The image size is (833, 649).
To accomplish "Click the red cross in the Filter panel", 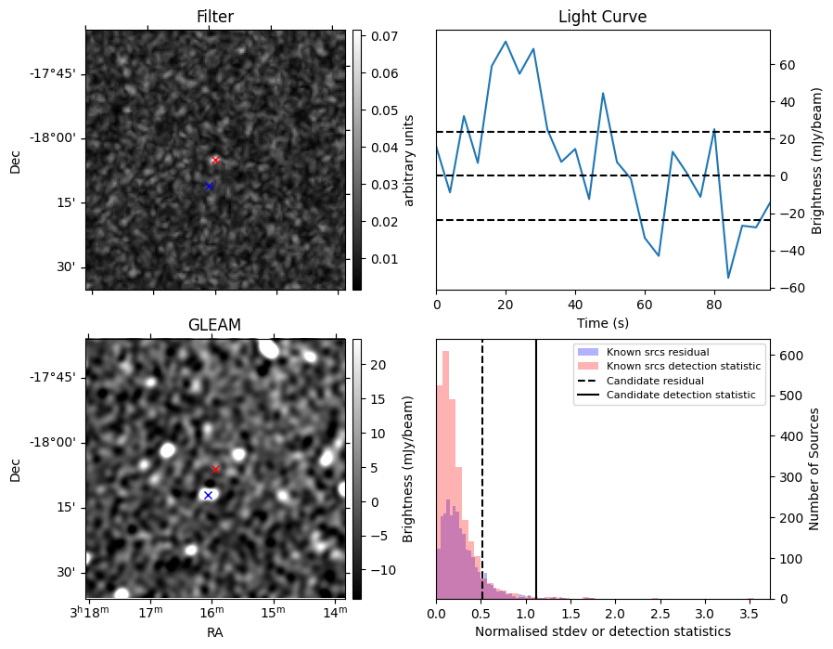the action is point(215,160).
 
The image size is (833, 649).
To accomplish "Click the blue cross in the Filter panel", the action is point(209,186).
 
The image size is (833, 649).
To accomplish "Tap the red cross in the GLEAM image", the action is point(215,470).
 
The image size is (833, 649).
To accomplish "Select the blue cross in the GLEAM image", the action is point(208,496).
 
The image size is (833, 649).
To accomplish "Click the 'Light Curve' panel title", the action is point(602,17).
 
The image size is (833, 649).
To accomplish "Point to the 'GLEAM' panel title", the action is point(214,325).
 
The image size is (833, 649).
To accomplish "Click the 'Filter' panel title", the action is point(214,17).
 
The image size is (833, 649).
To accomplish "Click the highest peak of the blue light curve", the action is point(506,41).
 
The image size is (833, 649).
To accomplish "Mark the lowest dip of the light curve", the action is point(728,278).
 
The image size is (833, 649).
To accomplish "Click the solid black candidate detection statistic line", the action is point(536,470).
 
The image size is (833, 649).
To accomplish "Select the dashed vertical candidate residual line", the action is point(481,470).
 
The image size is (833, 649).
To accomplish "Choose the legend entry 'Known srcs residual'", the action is point(658,352).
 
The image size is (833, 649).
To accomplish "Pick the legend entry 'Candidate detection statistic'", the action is point(681,395).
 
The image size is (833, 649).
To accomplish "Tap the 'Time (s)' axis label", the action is point(602,323).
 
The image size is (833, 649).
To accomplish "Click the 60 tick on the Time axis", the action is point(645,305).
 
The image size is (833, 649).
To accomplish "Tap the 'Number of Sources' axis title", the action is point(814,470).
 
